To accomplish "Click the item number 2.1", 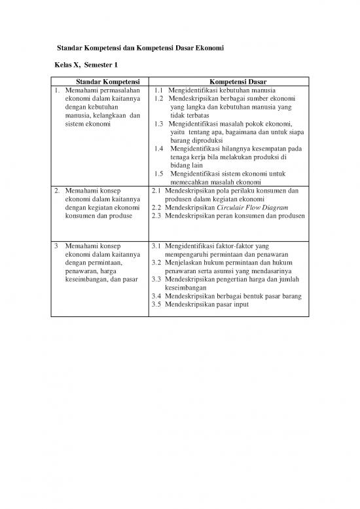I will click(156, 191).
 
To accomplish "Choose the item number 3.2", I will click(156, 263).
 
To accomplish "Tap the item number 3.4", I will click(156, 296).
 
